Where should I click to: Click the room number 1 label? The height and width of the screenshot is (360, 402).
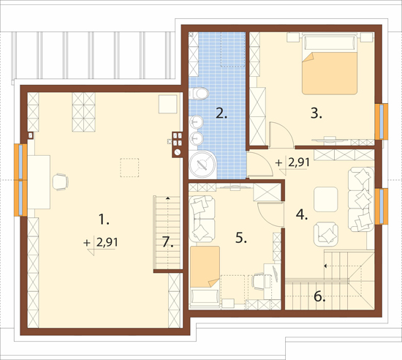(x=104, y=220)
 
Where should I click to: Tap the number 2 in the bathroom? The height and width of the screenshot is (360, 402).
(x=221, y=113)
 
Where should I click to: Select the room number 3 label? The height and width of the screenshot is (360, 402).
(x=316, y=113)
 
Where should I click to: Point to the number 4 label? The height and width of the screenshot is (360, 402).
(x=302, y=214)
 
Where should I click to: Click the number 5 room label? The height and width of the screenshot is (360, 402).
(x=241, y=238)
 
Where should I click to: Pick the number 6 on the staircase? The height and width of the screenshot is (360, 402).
(x=319, y=296)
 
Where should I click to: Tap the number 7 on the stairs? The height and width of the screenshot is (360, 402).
(x=168, y=242)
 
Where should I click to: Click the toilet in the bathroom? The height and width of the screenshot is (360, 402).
(x=198, y=94)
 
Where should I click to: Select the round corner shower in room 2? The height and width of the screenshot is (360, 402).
(x=202, y=165)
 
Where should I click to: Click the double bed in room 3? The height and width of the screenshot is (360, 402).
(x=330, y=64)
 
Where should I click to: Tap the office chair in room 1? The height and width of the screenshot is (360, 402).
(x=61, y=182)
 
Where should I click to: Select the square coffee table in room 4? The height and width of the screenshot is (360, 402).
(x=325, y=199)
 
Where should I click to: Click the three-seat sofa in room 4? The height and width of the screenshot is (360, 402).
(x=361, y=199)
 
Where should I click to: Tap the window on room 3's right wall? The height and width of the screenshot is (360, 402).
(x=382, y=121)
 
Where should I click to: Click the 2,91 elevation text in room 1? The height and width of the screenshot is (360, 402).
(x=107, y=242)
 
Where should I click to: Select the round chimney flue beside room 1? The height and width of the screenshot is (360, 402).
(x=177, y=152)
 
